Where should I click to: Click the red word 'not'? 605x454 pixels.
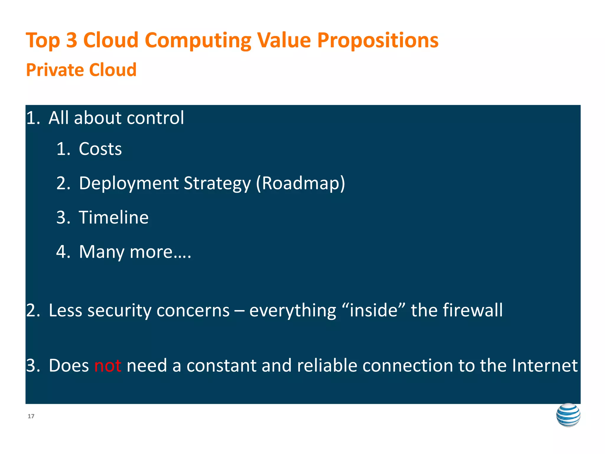(108, 366)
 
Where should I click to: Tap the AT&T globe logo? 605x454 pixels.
(568, 415)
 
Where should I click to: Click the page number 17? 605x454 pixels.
(31, 416)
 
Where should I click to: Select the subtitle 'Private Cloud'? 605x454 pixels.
(81, 70)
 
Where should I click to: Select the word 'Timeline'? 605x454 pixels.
(113, 218)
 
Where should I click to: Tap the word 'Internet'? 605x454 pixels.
(544, 366)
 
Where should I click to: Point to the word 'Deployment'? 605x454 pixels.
(129, 183)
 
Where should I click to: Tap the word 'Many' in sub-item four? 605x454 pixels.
(102, 252)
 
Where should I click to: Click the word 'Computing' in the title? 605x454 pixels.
(198, 41)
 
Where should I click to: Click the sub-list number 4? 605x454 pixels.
(62, 252)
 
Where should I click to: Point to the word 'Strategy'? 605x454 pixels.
(217, 184)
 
